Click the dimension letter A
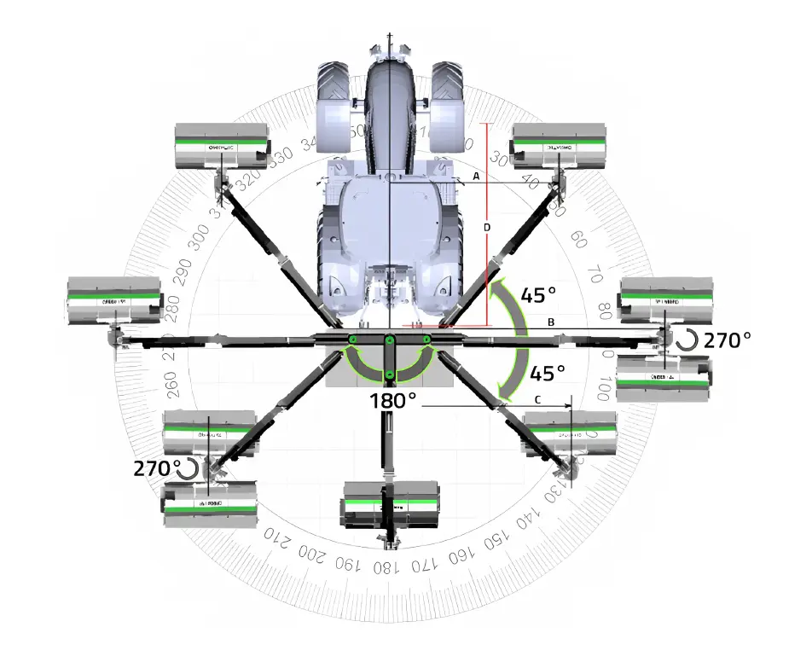[477, 176]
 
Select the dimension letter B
[552, 322]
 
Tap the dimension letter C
[536, 398]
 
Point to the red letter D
[487, 228]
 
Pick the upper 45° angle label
[538, 294]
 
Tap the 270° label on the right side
[727, 340]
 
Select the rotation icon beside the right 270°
[686, 341]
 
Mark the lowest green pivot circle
[389, 374]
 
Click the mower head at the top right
[560, 146]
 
